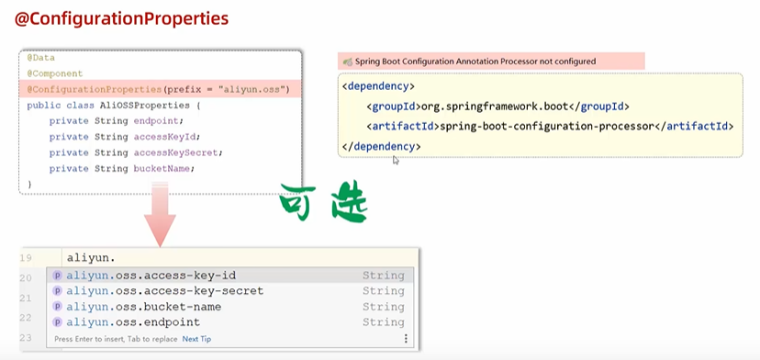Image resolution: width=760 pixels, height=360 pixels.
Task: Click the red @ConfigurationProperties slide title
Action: (121, 18)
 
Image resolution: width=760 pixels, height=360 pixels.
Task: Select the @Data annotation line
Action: (41, 58)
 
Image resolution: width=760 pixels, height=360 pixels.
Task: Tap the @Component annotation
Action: (54, 73)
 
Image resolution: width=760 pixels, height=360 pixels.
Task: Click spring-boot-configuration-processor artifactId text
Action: (552, 126)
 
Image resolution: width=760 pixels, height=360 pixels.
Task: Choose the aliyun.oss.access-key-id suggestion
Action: (151, 276)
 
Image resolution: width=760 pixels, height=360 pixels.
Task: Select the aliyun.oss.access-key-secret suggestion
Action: (164, 291)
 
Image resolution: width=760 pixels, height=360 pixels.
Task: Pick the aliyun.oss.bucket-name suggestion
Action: (143, 307)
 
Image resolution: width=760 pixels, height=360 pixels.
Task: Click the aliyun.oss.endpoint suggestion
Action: (132, 322)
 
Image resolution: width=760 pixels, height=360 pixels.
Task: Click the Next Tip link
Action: (196, 339)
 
